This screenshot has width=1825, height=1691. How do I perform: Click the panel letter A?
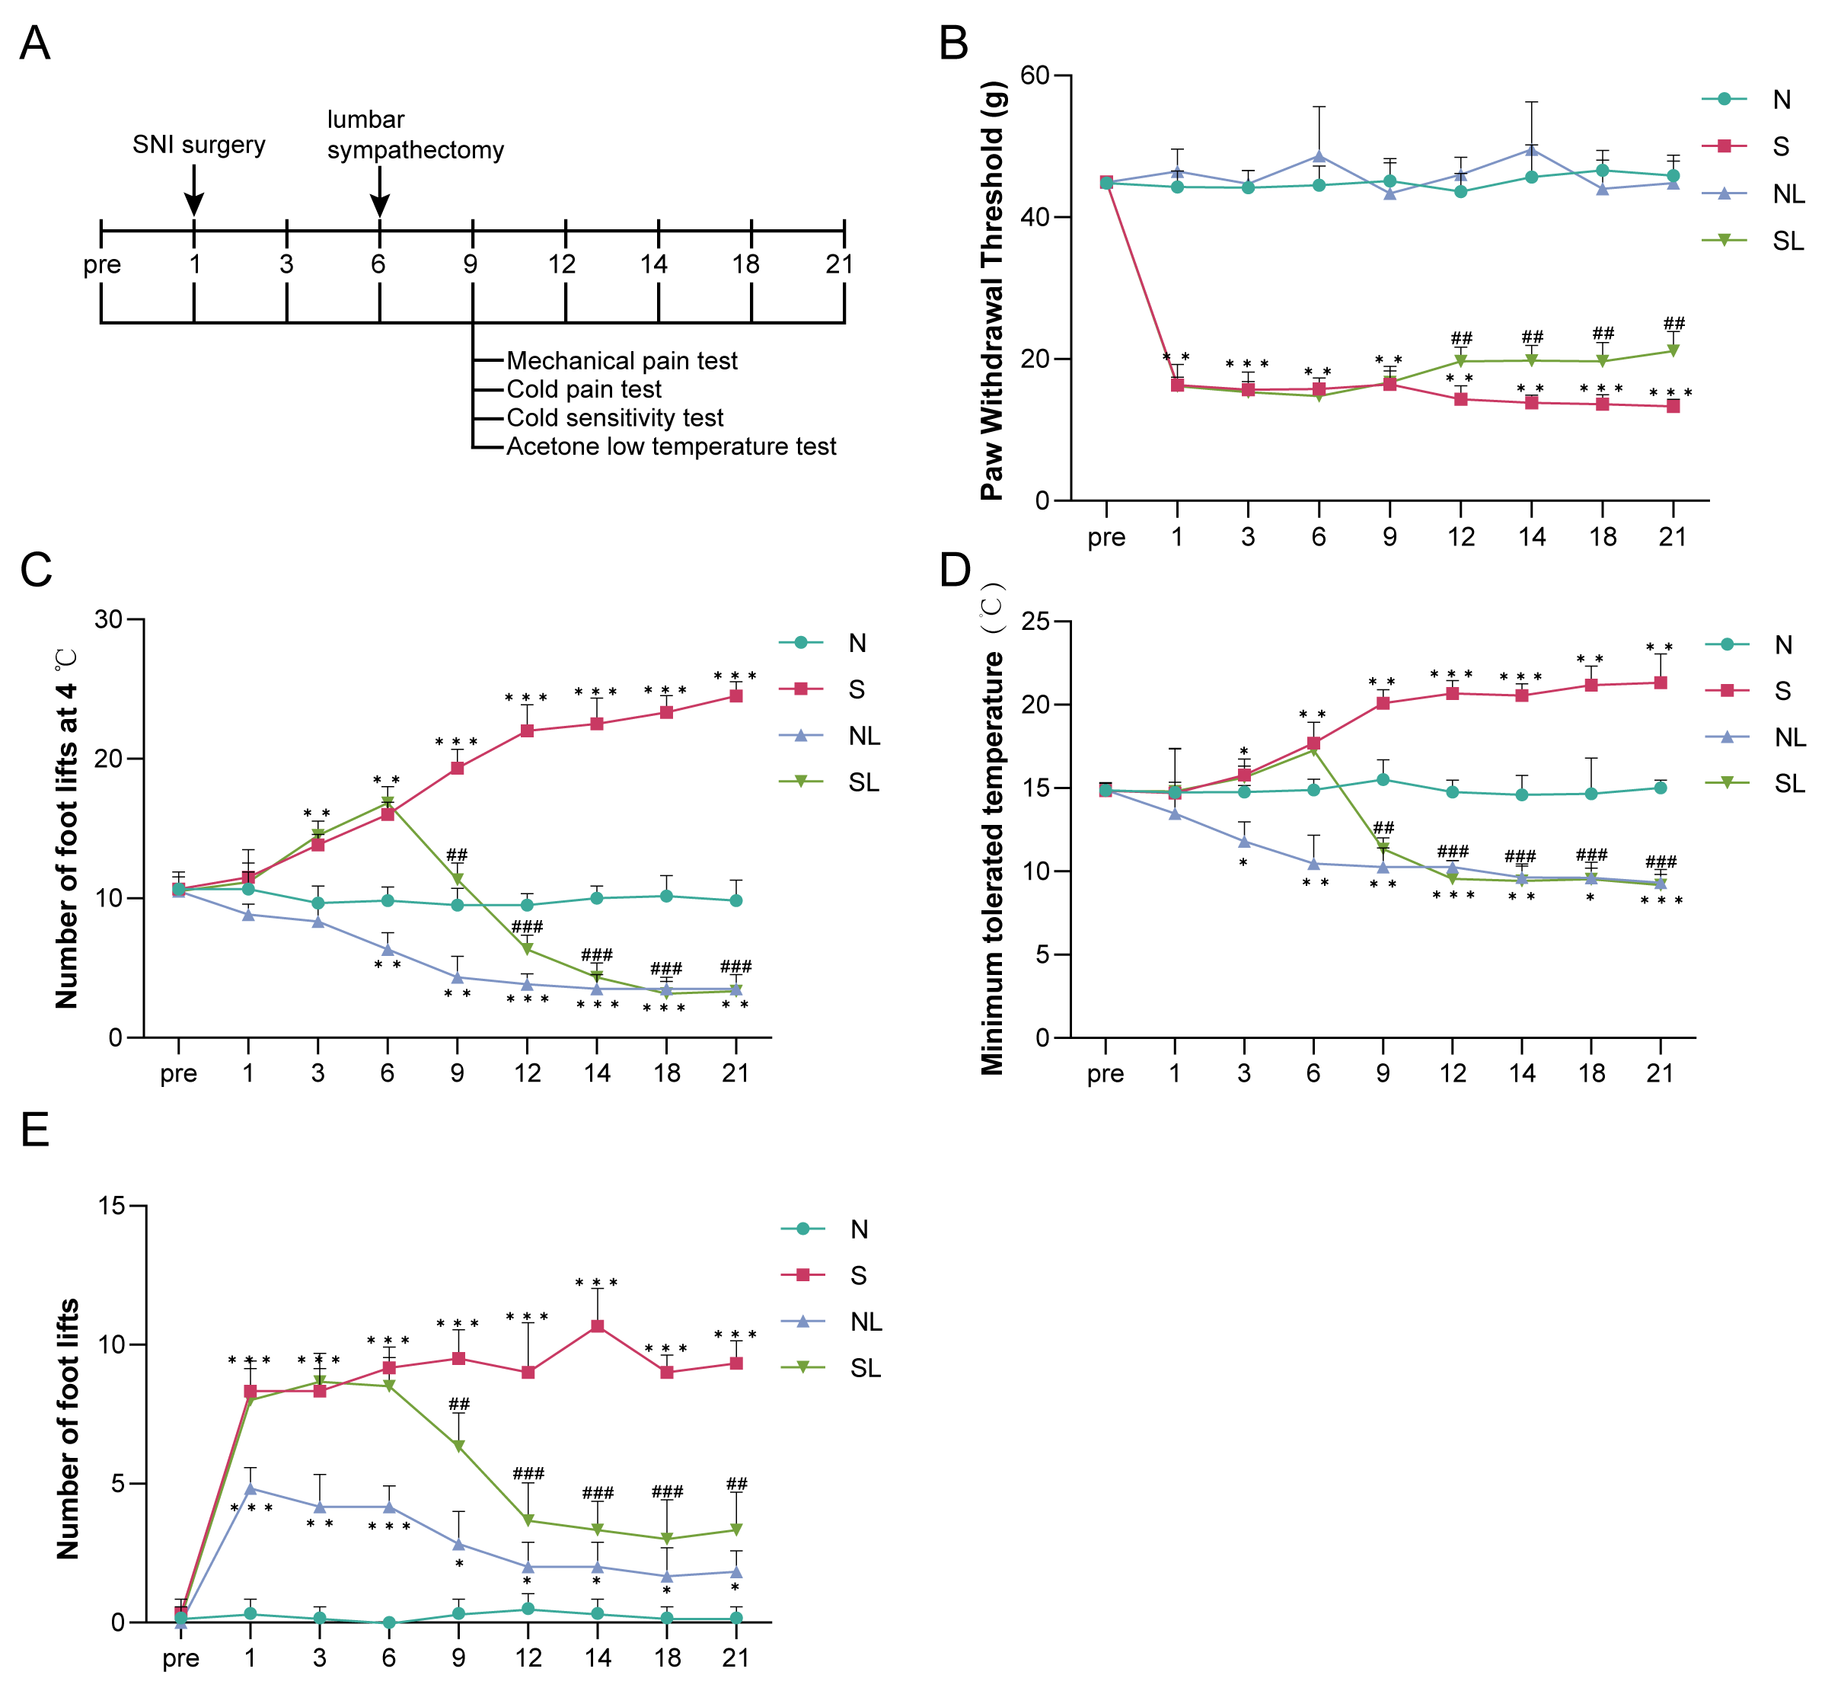click(x=35, y=43)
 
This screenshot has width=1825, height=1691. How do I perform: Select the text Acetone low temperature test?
click(x=671, y=446)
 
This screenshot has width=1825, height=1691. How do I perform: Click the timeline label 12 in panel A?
click(x=562, y=264)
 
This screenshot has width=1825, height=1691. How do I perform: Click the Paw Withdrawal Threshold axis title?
click(x=993, y=290)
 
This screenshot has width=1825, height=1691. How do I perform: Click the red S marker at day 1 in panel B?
click(x=1177, y=385)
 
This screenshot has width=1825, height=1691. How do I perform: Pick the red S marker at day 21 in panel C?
click(x=736, y=696)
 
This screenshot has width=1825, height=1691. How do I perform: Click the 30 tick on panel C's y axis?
click(x=109, y=619)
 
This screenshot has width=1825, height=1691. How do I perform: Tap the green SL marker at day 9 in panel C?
click(x=458, y=879)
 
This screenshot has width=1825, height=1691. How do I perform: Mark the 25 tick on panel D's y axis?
click(x=1035, y=622)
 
